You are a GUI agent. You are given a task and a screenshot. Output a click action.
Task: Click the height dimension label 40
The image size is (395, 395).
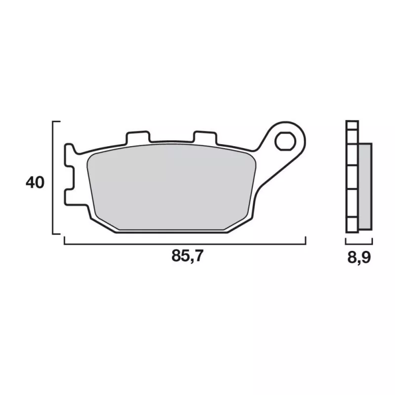[35, 183]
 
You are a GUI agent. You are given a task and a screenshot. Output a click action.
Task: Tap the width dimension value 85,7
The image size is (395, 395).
[187, 256]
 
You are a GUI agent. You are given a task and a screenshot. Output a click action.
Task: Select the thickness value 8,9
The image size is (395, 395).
[359, 257]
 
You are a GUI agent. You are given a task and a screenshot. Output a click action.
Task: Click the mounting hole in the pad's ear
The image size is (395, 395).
[285, 141]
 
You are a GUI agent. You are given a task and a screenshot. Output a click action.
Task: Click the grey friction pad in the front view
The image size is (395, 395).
[171, 187]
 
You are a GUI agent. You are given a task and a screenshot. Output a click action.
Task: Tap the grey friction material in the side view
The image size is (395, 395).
[365, 187]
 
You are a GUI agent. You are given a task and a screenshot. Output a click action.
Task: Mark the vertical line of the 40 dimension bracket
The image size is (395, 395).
[53, 178]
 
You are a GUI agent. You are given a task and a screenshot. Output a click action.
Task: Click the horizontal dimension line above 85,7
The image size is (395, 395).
[185, 244]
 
